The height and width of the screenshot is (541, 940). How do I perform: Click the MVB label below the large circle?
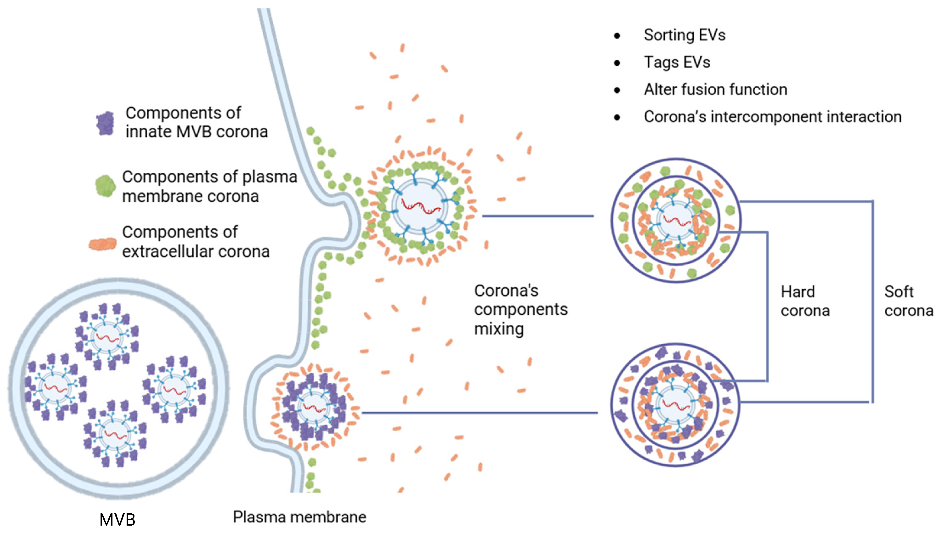pyautogui.click(x=117, y=519)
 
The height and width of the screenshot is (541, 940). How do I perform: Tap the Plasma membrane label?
pyautogui.click(x=299, y=517)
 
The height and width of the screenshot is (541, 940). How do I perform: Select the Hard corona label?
pyautogui.click(x=805, y=301)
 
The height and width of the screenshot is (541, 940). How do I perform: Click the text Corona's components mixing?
pyautogui.click(x=520, y=309)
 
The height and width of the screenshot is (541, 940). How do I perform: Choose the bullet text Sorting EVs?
pyautogui.click(x=684, y=35)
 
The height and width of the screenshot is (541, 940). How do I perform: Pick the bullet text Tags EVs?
pyautogui.click(x=677, y=62)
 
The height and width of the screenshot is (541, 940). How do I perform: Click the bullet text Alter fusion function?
pyautogui.click(x=716, y=90)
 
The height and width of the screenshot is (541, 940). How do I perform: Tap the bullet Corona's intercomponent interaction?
pyautogui.click(x=773, y=117)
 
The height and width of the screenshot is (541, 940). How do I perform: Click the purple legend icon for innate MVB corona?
pyautogui.click(x=105, y=123)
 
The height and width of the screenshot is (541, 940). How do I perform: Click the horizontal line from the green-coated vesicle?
pyautogui.click(x=537, y=216)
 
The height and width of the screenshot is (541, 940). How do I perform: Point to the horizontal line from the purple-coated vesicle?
pyautogui.click(x=479, y=413)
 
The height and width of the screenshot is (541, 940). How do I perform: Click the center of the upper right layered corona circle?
pyautogui.click(x=676, y=220)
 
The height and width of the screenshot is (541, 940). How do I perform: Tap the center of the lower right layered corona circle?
pyautogui.click(x=675, y=404)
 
